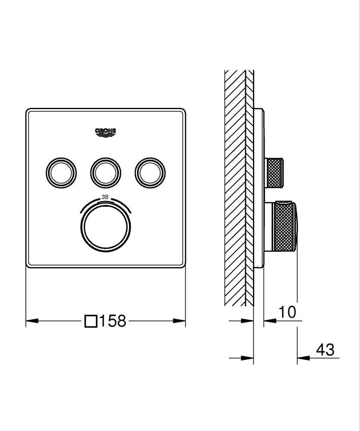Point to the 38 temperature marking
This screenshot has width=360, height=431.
point(105,197)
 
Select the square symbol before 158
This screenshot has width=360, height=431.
point(91,321)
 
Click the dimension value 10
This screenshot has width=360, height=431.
point(287,312)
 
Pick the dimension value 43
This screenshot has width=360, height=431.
point(325,350)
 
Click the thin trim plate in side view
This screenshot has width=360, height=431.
point(259,190)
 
